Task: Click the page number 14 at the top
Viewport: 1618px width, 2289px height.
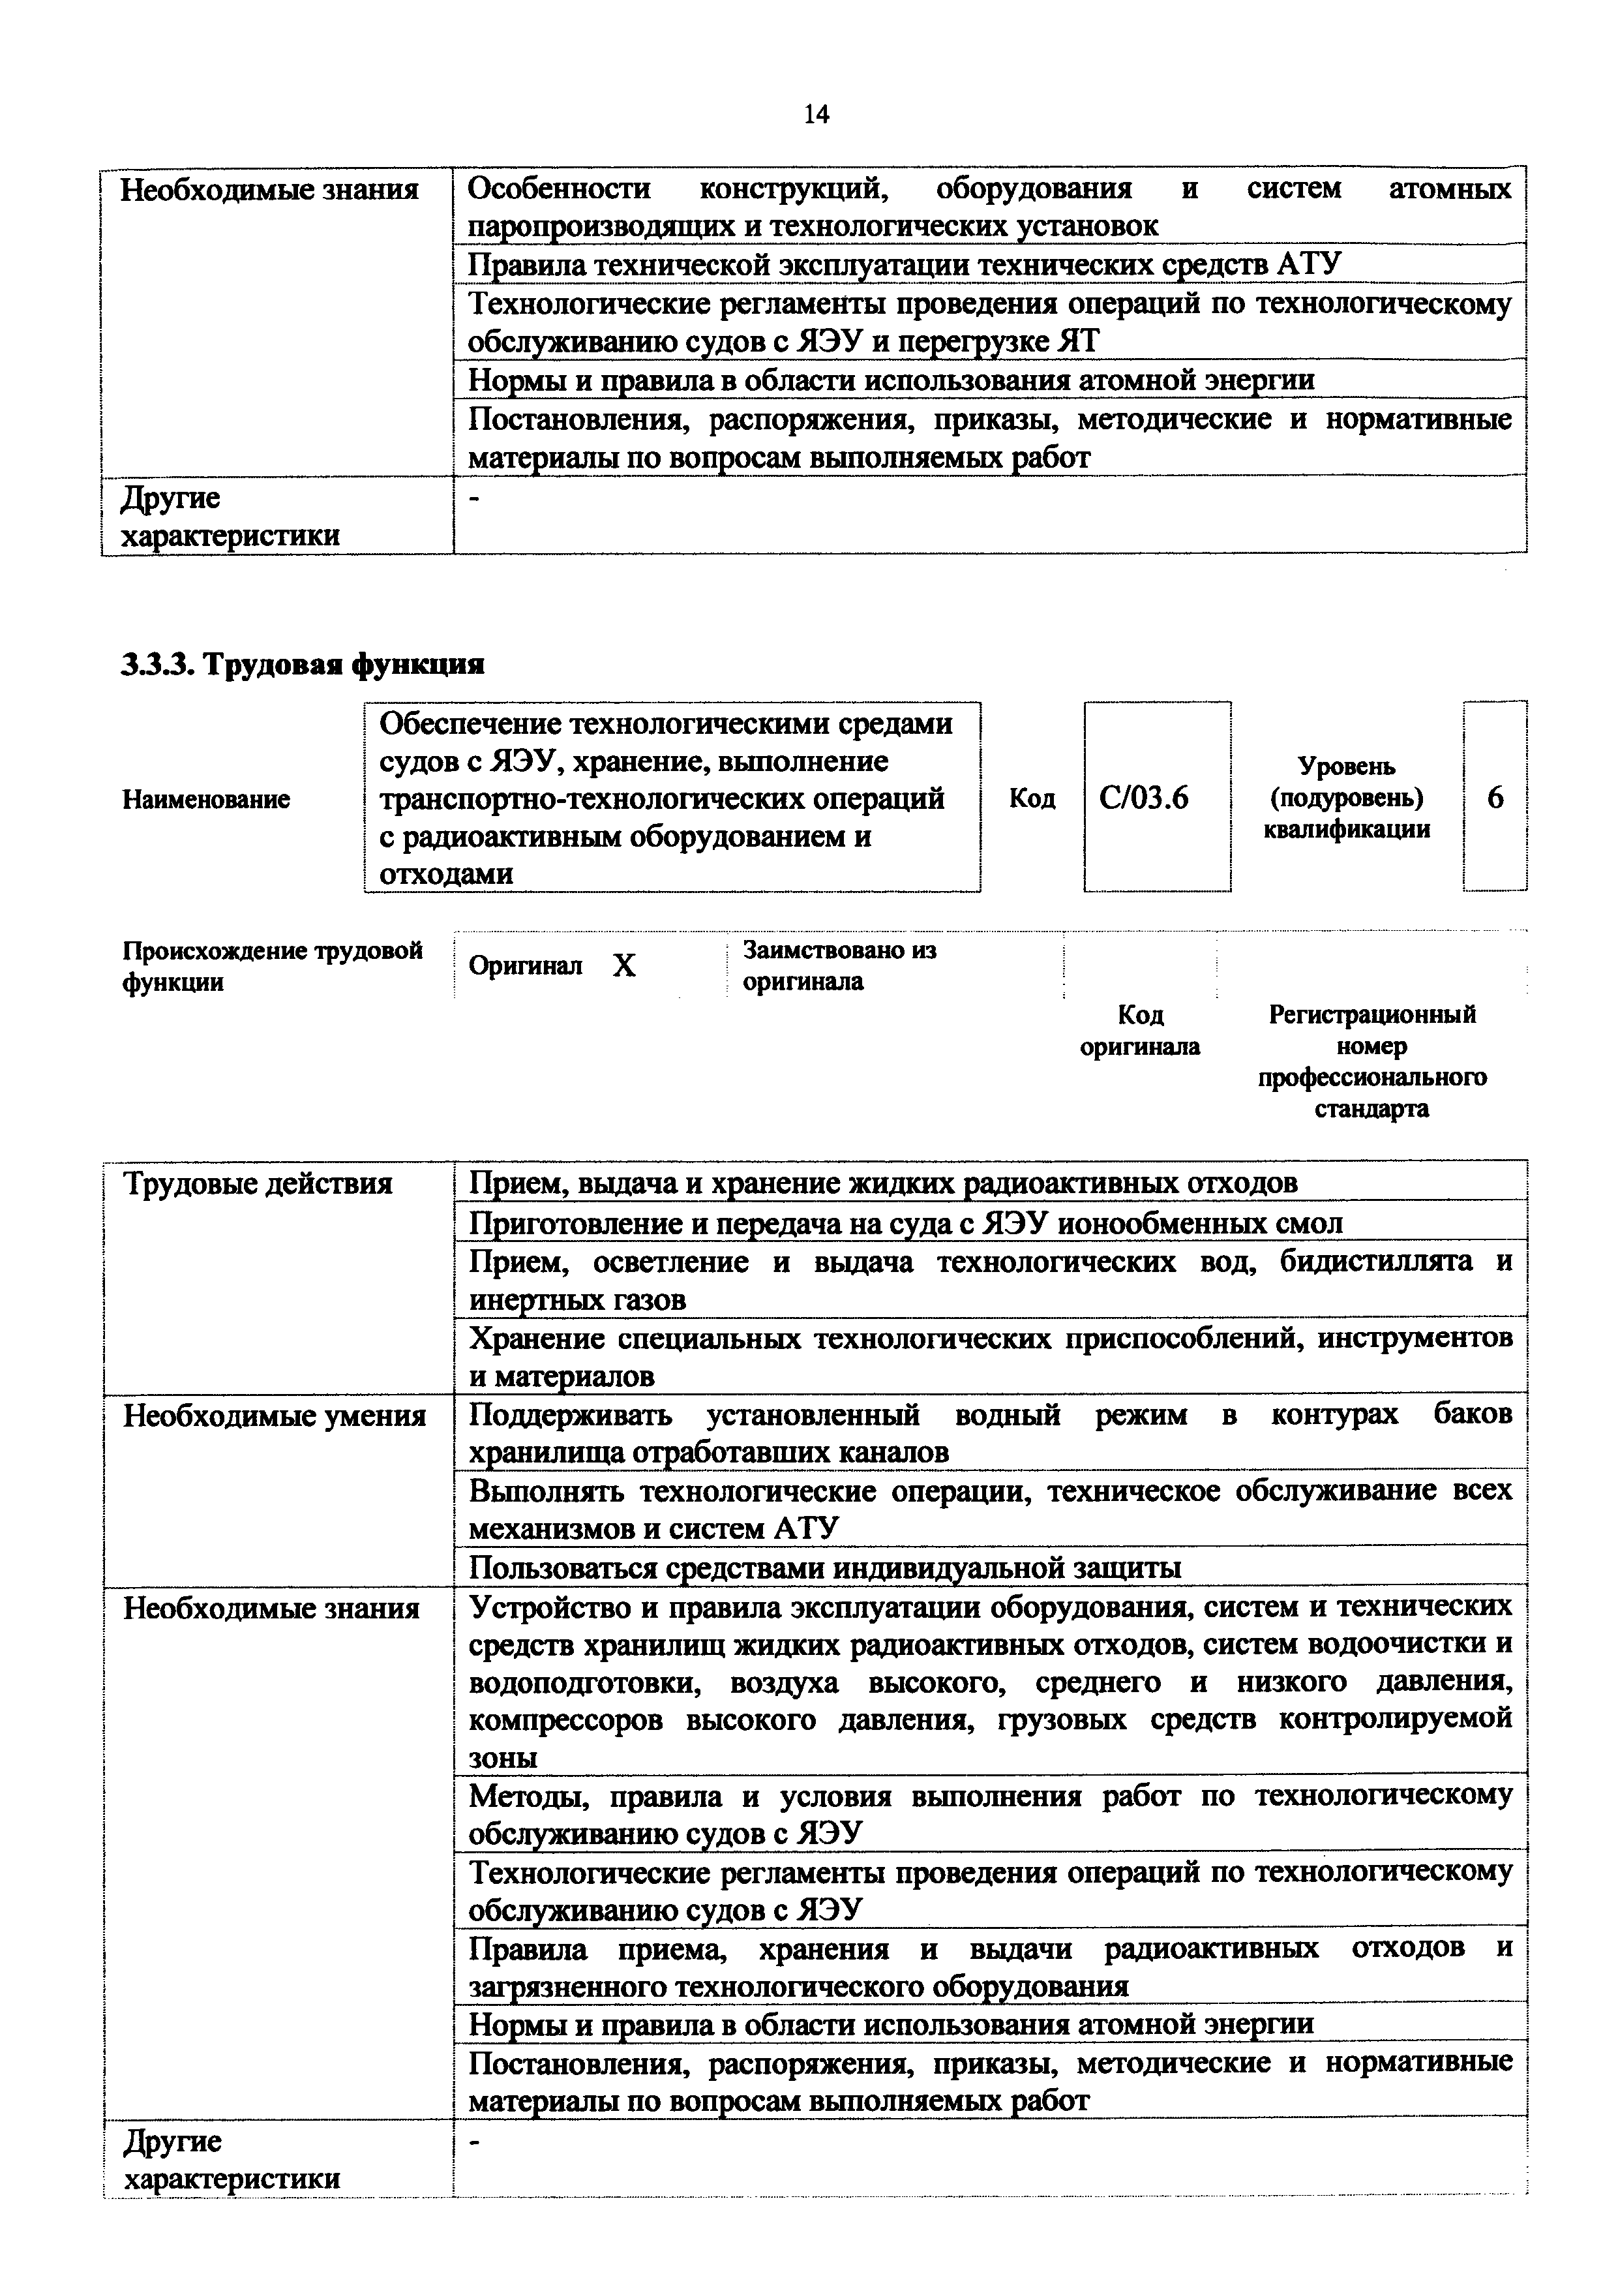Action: tap(815, 115)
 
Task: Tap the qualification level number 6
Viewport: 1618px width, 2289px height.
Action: tap(1494, 798)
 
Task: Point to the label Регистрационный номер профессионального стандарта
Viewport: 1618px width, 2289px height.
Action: tap(1371, 1062)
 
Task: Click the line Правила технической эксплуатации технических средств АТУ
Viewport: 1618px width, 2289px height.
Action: tap(904, 264)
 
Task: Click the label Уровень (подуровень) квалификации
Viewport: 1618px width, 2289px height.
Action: tap(1346, 798)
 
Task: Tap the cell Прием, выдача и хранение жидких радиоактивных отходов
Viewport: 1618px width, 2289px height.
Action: tap(883, 1183)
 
